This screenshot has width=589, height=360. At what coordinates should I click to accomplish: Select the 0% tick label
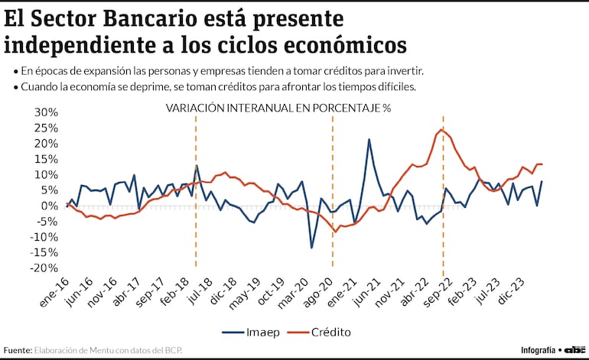coord(50,206)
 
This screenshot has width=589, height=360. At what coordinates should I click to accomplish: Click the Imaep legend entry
coord(255,332)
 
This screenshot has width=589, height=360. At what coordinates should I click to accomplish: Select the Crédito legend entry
coord(335,332)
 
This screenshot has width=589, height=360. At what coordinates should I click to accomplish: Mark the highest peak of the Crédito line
coord(442,129)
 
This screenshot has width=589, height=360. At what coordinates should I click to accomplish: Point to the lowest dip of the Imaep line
coord(311,248)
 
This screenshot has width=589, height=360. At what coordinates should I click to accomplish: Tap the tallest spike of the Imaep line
coord(369,139)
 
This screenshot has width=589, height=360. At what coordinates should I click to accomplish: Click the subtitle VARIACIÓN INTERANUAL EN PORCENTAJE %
coord(278,108)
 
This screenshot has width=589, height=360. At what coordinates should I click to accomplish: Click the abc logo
coord(574,349)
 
